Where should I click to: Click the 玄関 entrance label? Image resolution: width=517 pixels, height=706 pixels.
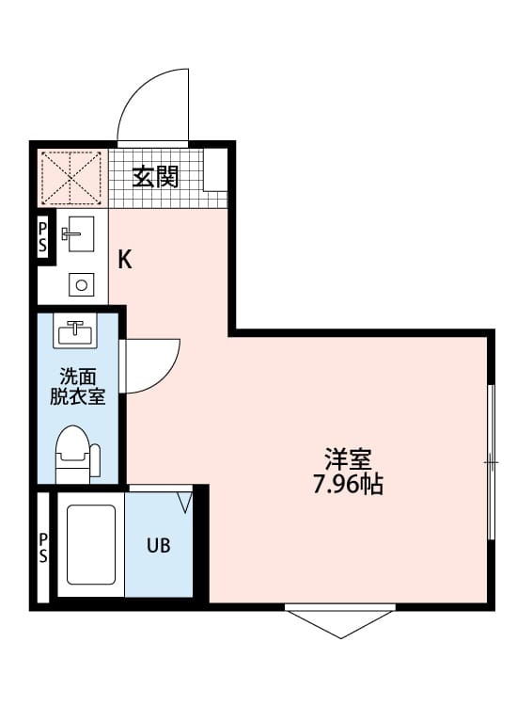155,176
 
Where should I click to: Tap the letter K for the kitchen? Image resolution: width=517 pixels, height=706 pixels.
124,261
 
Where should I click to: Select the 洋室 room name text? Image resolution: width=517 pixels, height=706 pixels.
348,460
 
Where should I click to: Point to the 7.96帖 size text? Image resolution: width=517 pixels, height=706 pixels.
348,486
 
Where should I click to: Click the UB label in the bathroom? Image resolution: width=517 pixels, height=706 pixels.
157,545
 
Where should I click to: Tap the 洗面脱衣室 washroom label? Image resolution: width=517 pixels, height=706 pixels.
77,386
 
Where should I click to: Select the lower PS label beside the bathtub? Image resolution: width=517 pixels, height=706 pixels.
42,545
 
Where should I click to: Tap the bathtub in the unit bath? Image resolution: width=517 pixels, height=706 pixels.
90,543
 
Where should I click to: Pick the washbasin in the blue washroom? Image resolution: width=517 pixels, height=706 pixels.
74,332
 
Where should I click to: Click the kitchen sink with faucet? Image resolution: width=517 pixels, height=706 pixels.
77,233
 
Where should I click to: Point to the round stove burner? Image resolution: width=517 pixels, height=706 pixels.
82,284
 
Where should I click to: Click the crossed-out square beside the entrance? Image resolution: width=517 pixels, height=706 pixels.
71,176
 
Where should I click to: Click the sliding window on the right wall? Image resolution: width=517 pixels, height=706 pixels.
491,461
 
